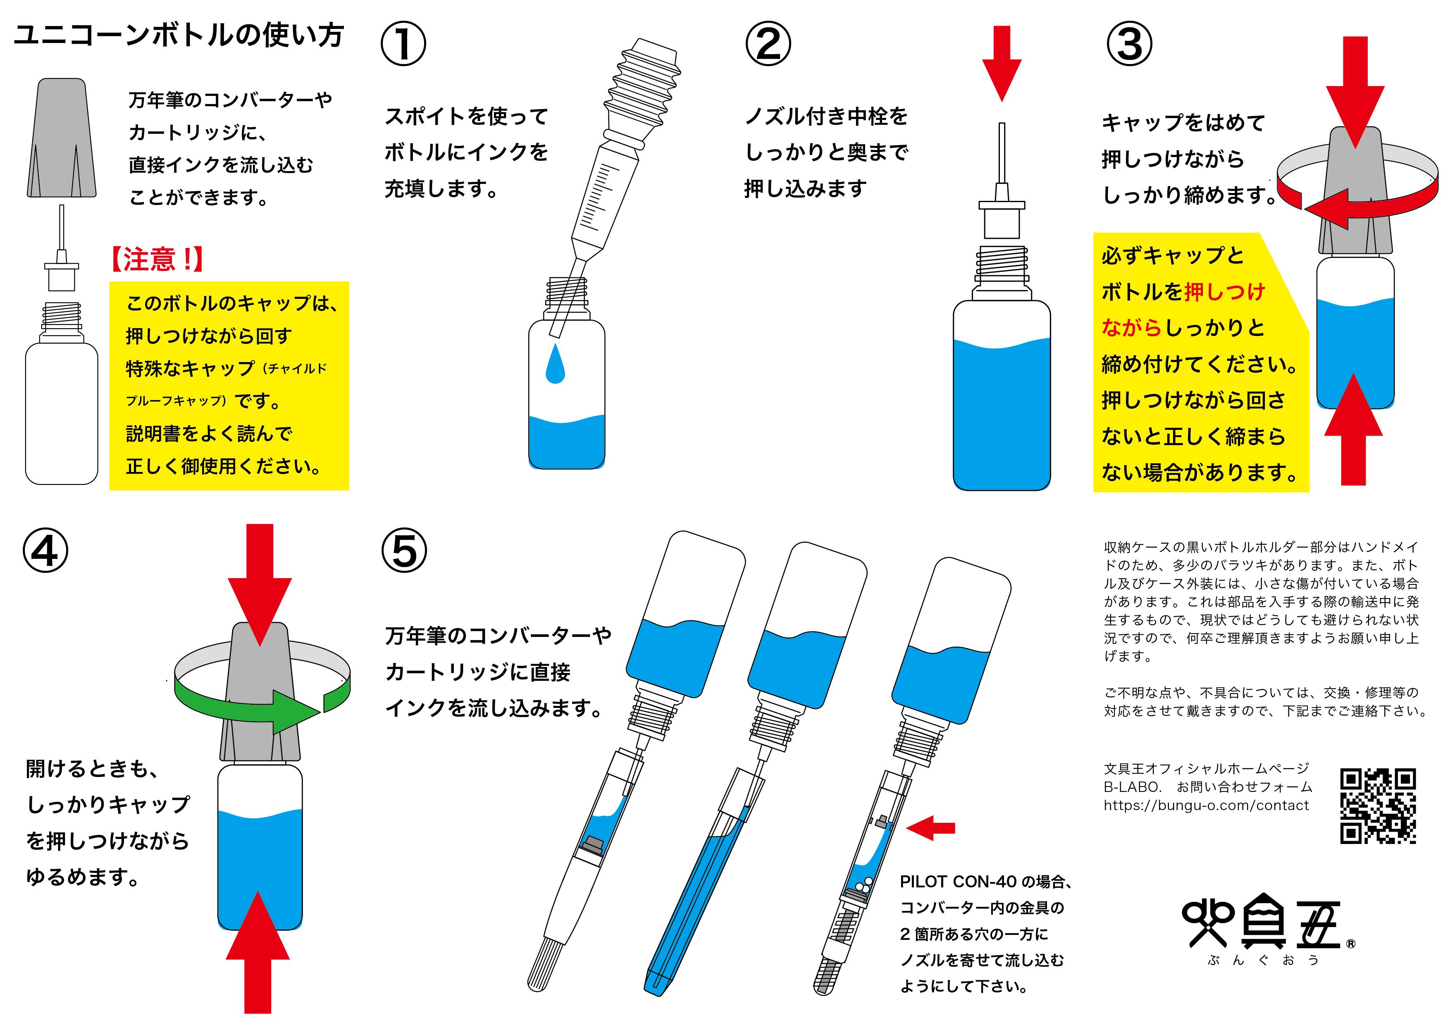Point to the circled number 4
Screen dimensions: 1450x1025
pos(45,551)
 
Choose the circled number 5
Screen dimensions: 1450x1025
pos(404,551)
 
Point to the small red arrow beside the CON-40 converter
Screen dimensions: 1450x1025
pos(932,827)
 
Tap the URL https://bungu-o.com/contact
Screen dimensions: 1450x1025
pos(1206,805)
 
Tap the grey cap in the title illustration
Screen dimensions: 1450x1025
pos(62,138)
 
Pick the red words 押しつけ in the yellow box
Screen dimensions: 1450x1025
pos(1225,292)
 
